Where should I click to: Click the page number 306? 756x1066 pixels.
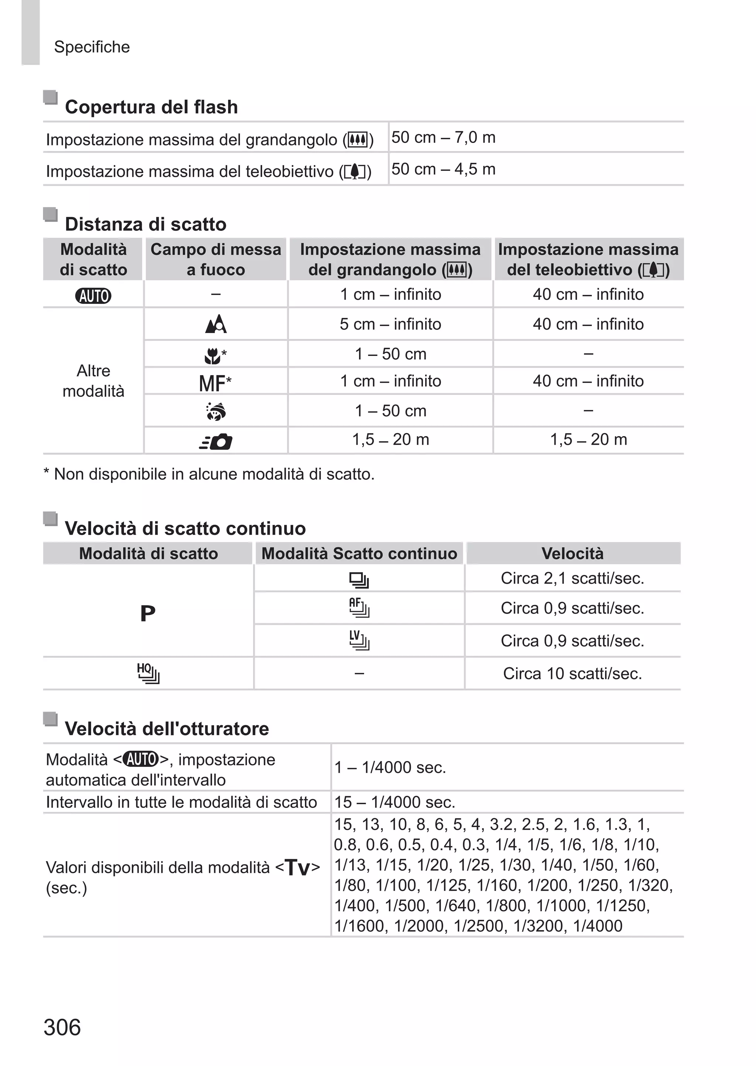[62, 1027]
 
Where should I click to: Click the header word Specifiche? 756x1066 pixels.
[92, 47]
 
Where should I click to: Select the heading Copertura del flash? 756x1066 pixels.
[151, 107]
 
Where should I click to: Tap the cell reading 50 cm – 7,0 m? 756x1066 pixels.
[443, 137]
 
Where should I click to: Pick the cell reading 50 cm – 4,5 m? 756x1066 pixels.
[443, 169]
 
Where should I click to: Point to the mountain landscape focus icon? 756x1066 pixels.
[216, 324]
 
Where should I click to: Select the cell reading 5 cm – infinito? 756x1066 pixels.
[390, 324]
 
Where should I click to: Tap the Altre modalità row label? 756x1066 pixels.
[93, 381]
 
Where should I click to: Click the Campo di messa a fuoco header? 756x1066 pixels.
[216, 259]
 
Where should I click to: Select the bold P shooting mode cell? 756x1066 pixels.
[148, 614]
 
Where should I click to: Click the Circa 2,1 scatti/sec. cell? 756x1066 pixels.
[572, 578]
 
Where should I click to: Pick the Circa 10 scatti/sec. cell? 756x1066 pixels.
[572, 673]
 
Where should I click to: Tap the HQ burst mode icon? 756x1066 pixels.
[148, 673]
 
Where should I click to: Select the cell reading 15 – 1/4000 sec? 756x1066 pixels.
[394, 802]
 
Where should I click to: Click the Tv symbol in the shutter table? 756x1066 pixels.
[297, 868]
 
